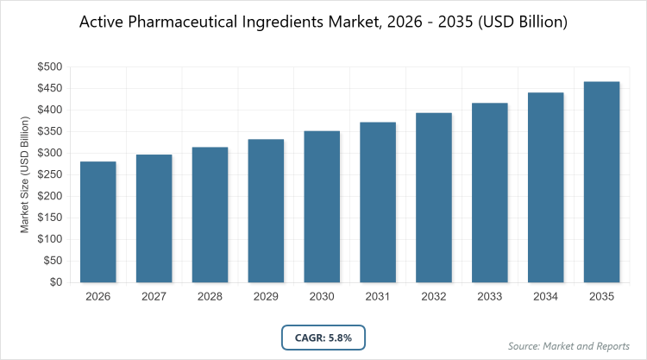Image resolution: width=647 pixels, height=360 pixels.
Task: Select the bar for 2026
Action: pyautogui.click(x=97, y=222)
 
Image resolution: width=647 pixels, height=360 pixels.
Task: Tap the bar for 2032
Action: pyautogui.click(x=434, y=198)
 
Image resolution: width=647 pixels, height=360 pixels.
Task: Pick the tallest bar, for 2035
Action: pyautogui.click(x=602, y=181)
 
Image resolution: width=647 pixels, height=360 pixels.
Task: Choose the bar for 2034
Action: pyautogui.click(x=546, y=187)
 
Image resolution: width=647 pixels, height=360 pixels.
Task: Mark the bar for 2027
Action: pyautogui.click(x=154, y=218)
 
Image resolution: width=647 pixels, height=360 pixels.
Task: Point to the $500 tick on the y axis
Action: pyautogui.click(x=48, y=66)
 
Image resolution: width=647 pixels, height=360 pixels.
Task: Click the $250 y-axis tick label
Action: pyautogui.click(x=48, y=174)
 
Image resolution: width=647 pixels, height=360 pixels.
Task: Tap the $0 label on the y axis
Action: pyautogui.click(x=54, y=282)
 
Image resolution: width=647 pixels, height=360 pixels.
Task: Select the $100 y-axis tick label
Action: pyautogui.click(x=48, y=239)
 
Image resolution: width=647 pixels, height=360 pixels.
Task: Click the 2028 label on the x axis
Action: pyautogui.click(x=210, y=297)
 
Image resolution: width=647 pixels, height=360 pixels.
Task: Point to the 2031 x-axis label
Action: pyautogui.click(x=378, y=297)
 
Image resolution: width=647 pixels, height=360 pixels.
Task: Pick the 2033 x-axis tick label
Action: pyautogui.click(x=490, y=297)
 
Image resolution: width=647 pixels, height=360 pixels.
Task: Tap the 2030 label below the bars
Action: pyautogui.click(x=322, y=297)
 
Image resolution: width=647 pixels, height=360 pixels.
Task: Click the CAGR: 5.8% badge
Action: pyautogui.click(x=323, y=337)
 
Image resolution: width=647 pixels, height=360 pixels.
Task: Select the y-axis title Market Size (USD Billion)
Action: pyautogui.click(x=26, y=174)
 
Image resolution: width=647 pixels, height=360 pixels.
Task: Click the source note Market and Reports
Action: pyautogui.click(x=570, y=346)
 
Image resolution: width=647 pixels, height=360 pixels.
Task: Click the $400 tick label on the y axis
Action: pyautogui.click(x=48, y=110)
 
